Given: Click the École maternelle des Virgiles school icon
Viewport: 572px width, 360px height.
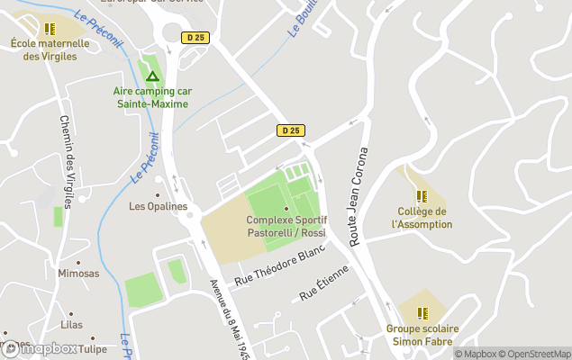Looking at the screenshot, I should point(50,29).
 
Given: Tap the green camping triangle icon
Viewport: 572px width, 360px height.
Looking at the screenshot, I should point(152,76).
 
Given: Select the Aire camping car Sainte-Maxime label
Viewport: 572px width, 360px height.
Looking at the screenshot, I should point(152,97).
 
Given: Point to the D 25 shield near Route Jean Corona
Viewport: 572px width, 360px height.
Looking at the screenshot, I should point(289,130).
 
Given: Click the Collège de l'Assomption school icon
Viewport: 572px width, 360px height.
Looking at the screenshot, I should point(421,195).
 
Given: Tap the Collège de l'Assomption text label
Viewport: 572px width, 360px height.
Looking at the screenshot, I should point(422,218).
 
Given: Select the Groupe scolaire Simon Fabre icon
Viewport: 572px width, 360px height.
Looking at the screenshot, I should point(422,313).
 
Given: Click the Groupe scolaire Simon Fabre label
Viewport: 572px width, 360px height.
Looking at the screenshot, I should point(422,335).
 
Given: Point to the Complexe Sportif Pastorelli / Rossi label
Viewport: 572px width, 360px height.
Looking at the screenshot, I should point(286,227).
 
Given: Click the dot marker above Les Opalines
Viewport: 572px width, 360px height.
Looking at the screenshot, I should point(159,193).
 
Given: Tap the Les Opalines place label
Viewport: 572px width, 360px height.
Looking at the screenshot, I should point(159,206).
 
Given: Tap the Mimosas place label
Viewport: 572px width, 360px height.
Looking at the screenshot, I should point(78,274).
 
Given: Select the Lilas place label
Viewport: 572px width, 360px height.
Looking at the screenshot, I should point(70,325).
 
